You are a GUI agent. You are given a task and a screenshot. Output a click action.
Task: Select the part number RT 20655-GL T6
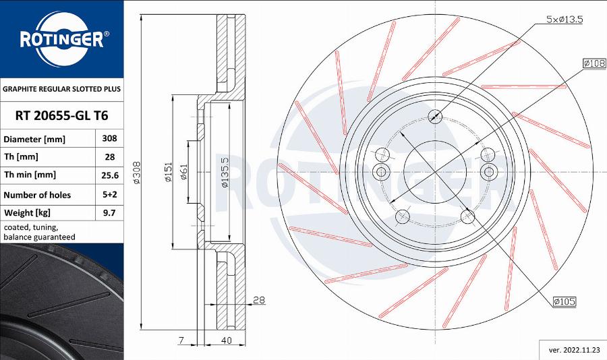coord(61,115)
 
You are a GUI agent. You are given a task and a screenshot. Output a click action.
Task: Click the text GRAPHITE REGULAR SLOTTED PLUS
coord(61,89)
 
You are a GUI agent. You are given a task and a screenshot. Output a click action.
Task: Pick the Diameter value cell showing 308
coord(109,138)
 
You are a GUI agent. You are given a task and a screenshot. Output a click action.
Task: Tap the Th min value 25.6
coord(109,175)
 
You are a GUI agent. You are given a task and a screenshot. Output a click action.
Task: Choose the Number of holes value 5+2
coord(109,195)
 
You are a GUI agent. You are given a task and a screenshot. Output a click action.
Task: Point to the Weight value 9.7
coord(109,213)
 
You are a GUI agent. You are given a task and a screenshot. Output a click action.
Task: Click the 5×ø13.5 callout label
coord(564,20)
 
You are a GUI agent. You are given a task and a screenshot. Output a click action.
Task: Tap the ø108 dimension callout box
coord(594,63)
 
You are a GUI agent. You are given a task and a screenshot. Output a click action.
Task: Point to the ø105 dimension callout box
coord(564,301)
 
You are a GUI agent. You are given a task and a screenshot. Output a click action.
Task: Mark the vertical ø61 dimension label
coord(183,173)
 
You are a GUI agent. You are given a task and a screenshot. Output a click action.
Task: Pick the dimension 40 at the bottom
coord(227,340)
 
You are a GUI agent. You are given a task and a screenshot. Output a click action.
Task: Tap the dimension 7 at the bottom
coord(181,340)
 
